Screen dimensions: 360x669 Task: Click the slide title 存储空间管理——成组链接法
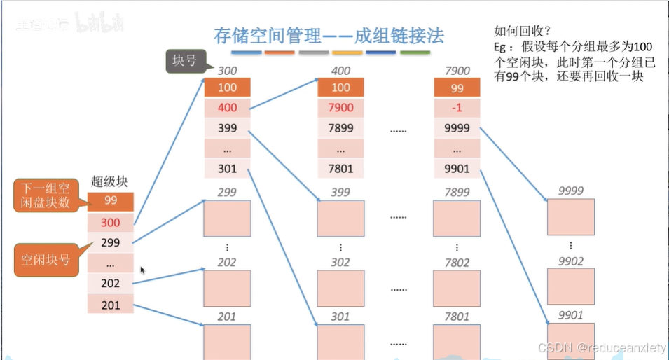click(x=329, y=35)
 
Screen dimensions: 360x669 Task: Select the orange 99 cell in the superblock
click(x=110, y=200)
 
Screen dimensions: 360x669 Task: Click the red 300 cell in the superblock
click(x=110, y=222)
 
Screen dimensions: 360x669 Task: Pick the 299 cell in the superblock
click(x=110, y=242)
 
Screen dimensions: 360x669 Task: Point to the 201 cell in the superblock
click(x=110, y=305)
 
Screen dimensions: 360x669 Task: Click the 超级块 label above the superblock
click(x=110, y=181)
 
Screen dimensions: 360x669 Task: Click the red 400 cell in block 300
click(x=227, y=108)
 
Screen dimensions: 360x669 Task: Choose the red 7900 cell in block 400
click(x=340, y=108)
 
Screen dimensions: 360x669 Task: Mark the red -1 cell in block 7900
click(x=457, y=108)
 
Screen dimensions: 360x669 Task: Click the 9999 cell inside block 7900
click(x=457, y=128)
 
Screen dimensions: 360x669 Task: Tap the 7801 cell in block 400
click(x=340, y=169)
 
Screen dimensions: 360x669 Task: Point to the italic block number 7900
click(x=457, y=71)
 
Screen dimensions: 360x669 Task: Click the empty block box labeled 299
click(x=227, y=218)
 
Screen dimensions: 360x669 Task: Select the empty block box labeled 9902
click(x=571, y=286)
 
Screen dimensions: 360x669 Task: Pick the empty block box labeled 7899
click(x=457, y=218)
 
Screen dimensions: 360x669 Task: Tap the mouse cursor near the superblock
click(x=143, y=270)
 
